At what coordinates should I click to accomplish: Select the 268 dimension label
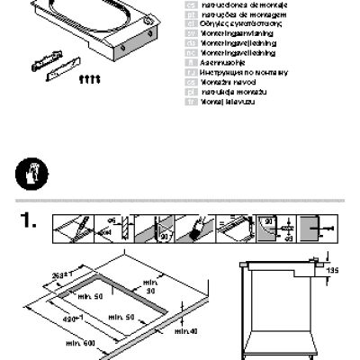tap(62, 274)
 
